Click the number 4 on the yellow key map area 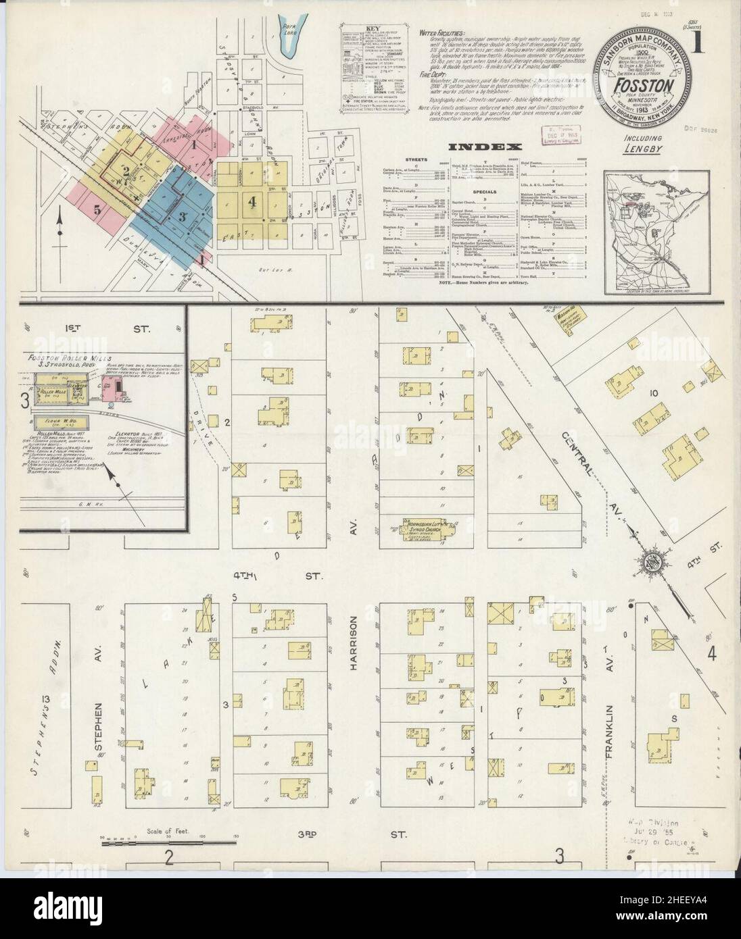coord(253,201)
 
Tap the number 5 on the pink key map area coord(98,210)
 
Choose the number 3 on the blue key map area coord(182,216)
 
